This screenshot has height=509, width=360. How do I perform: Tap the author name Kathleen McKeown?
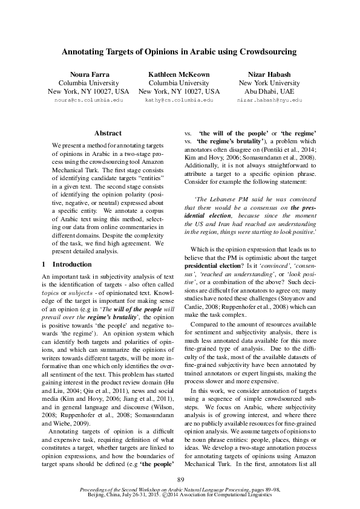pyautogui.click(x=179, y=74)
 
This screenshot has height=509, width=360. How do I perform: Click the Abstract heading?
pyautogui.click(x=108, y=133)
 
